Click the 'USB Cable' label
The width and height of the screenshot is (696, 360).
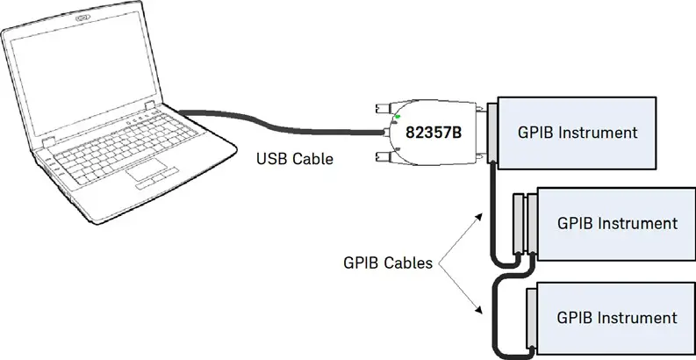point(294,159)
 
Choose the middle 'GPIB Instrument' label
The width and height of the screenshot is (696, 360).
point(617,223)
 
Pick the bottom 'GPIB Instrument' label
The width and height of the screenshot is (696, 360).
point(617,317)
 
